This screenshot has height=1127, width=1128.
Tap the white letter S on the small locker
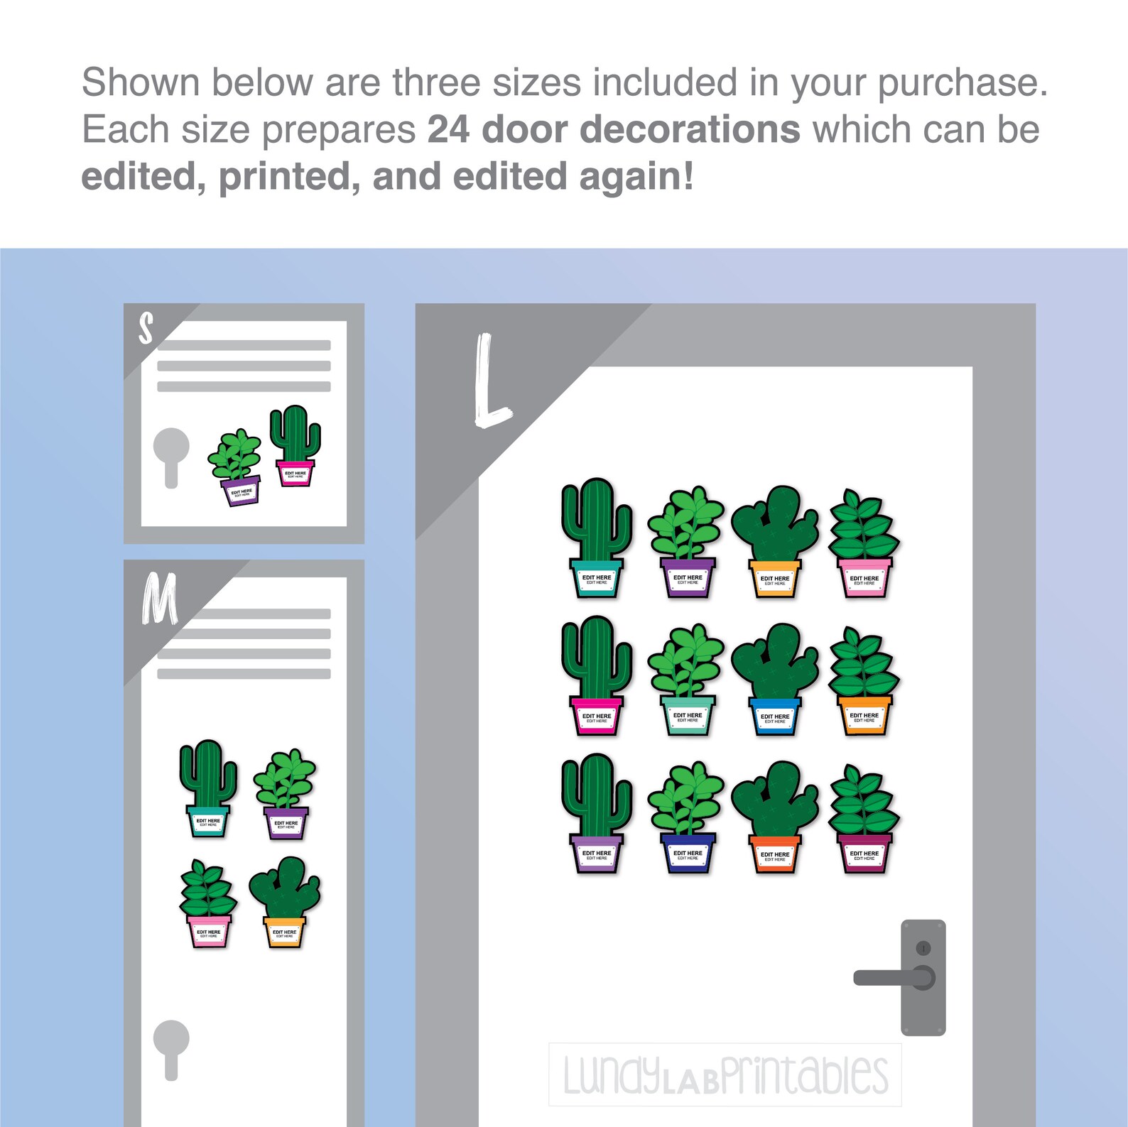pos(146,329)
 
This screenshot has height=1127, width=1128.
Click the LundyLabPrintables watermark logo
pos(725,1074)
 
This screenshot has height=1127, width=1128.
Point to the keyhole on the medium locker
pos(171,1047)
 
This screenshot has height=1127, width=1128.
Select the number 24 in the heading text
pos(448,130)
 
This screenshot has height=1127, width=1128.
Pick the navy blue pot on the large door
pos(687,852)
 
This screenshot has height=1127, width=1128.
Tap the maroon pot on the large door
pos(864,853)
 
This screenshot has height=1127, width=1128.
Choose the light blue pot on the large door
pos(774,716)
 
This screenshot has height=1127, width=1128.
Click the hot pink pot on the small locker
pos(295,473)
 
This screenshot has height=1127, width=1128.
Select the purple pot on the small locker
pos(241,491)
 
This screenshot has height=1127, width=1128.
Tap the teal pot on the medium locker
pos(208,821)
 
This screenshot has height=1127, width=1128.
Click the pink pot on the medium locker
pos(209,931)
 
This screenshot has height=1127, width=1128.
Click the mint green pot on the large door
pos(687,715)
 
